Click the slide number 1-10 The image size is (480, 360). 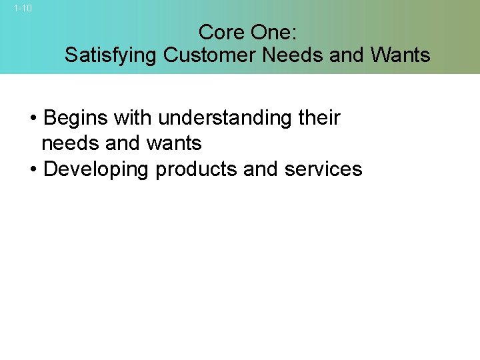tap(23, 9)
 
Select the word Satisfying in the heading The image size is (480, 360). tap(111, 55)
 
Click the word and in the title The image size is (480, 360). tap(346, 55)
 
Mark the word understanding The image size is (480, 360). tap(222, 119)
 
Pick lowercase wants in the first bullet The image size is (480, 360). tap(173, 143)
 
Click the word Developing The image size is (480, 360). tap(96, 169)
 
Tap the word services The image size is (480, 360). tap(323, 169)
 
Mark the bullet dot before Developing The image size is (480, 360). tap(33, 170)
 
